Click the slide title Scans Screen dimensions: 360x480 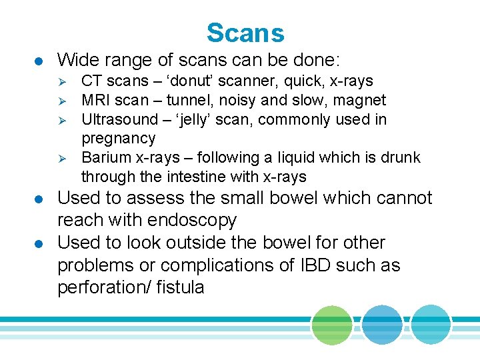click(x=245, y=33)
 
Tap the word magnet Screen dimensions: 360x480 click(x=361, y=101)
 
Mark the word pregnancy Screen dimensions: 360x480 click(x=118, y=139)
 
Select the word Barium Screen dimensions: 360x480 click(x=104, y=158)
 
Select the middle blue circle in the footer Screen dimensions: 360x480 click(x=382, y=324)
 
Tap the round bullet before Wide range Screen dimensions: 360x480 click(x=41, y=61)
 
